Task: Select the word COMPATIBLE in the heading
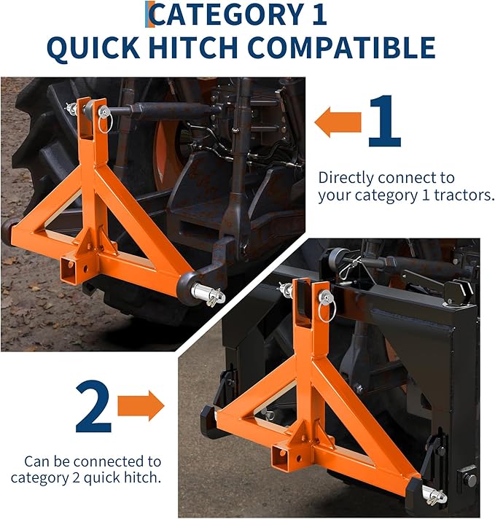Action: [342, 47]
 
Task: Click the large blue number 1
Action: [384, 121]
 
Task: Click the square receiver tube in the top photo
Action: [72, 270]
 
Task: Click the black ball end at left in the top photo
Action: [10, 231]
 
